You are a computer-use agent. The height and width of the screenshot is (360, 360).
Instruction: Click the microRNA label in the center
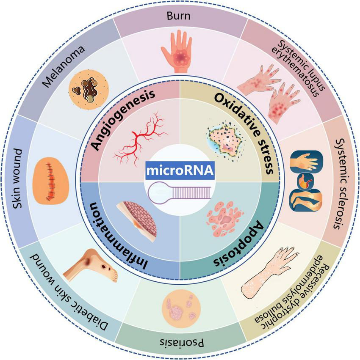click(180, 171)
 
